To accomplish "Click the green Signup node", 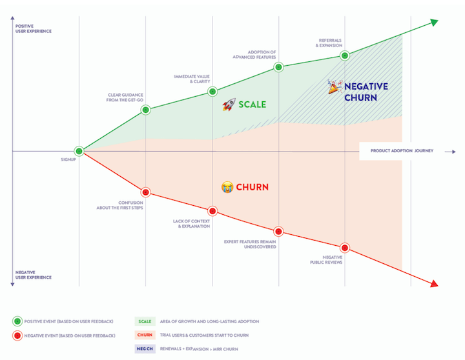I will [x=79, y=151].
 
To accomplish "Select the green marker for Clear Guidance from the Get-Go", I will [x=145, y=110].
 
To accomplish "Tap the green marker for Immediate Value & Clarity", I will [x=212, y=92].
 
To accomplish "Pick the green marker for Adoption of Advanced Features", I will [x=278, y=66].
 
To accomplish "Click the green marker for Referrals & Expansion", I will [x=344, y=56].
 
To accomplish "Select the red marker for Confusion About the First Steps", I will [x=145, y=192].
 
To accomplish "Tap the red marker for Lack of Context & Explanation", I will [x=212, y=211].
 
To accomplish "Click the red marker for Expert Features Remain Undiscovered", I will [x=278, y=231].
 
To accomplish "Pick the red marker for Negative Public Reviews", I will [x=344, y=247].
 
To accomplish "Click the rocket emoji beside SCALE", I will [x=229, y=105].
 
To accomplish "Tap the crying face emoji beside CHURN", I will [x=227, y=187].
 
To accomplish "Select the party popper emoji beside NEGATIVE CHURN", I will [x=334, y=87].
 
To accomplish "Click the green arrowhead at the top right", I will [x=434, y=23].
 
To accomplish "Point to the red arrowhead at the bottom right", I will [x=434, y=284].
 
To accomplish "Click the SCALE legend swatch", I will [x=145, y=321].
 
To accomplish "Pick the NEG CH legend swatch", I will [x=145, y=349].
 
